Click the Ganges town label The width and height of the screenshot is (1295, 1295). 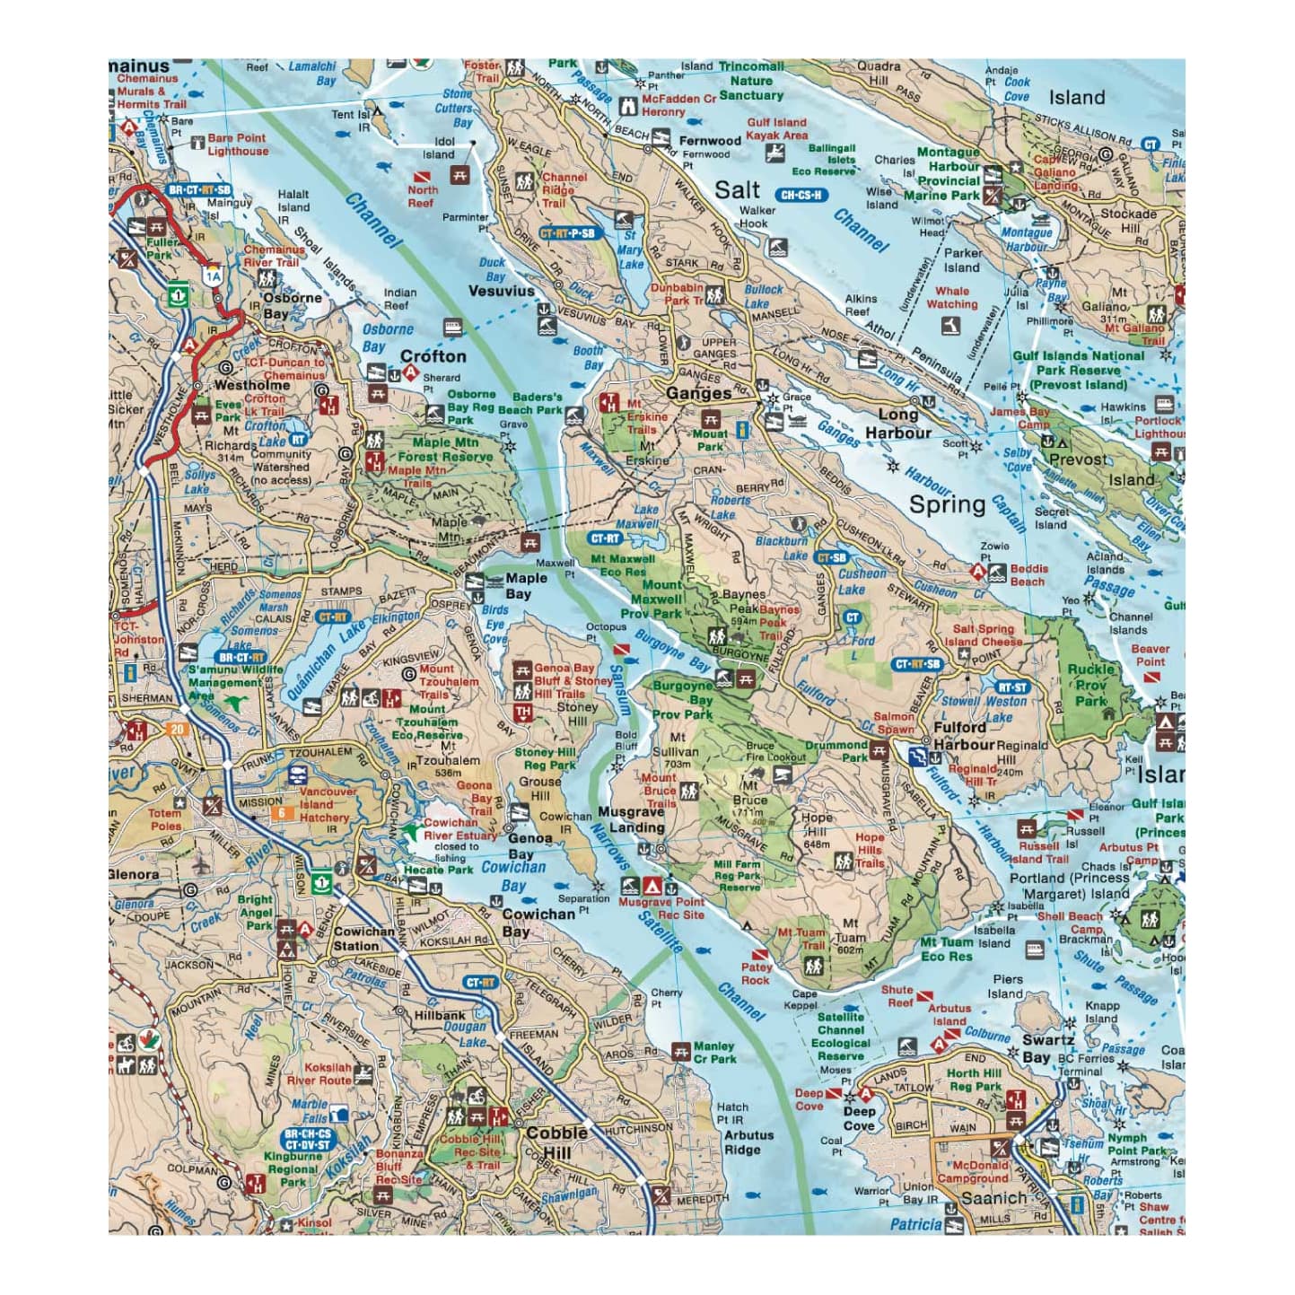coord(698,393)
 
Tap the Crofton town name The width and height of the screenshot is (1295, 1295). coord(433,355)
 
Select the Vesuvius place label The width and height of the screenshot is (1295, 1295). coord(501,291)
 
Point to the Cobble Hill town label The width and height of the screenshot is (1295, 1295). coord(556,1142)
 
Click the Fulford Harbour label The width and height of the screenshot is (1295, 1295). coord(964,735)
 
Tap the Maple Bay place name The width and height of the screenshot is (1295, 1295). coord(526,586)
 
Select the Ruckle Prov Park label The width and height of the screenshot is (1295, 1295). coord(1091,685)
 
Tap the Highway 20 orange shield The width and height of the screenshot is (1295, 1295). coord(177,729)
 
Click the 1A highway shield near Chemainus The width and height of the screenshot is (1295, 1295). coord(212,276)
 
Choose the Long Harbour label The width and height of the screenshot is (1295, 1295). coord(898,424)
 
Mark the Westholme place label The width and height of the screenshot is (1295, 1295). coord(251,385)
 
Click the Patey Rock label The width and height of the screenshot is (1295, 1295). coord(756,974)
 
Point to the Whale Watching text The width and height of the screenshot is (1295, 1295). coord(952,297)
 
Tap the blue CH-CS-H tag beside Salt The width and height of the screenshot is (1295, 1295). coord(802,195)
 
